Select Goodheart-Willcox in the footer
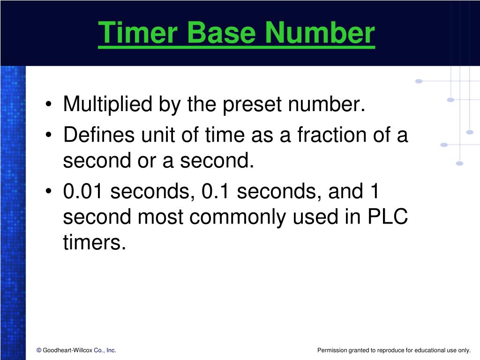pyautogui.click(x=67, y=350)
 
